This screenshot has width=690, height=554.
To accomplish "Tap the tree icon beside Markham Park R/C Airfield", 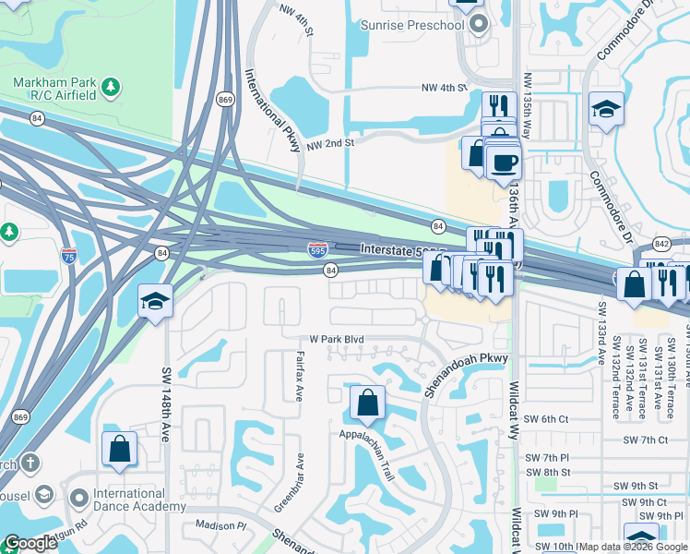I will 111,88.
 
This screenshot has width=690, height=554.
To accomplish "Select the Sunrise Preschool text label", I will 411,25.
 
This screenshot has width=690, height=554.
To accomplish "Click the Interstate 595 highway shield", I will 316,249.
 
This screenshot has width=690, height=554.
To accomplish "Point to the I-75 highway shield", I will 69,254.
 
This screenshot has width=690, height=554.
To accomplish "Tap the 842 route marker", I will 661,244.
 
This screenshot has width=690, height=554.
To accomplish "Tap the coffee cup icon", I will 503,163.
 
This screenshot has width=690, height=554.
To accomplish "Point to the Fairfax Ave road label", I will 299,375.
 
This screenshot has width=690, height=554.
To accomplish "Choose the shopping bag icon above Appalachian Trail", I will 367,403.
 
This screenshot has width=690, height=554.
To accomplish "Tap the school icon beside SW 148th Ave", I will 155,301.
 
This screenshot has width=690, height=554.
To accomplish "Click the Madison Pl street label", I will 221,525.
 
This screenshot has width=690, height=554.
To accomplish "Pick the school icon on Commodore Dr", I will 605,109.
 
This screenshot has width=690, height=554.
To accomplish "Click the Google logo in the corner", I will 30,543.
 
